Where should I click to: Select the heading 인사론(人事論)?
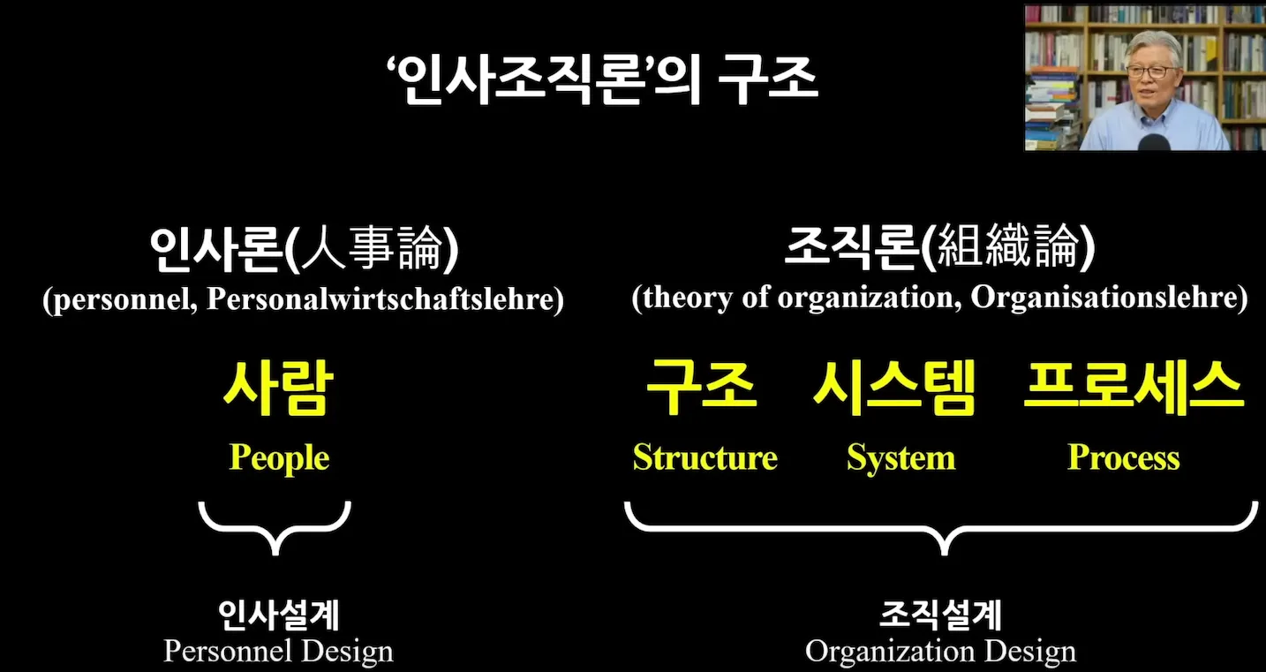tap(304, 251)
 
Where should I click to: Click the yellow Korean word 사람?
tap(278, 389)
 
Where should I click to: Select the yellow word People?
tap(279, 457)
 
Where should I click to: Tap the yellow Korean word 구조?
tap(702, 389)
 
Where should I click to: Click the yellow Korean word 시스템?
tap(893, 389)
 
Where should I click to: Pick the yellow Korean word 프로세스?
tap(1134, 389)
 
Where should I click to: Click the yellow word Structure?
tap(705, 457)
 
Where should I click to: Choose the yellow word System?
tap(901, 457)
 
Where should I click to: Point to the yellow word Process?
tap(1123, 457)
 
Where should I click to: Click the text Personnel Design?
tap(278, 652)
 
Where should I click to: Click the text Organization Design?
tap(940, 652)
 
